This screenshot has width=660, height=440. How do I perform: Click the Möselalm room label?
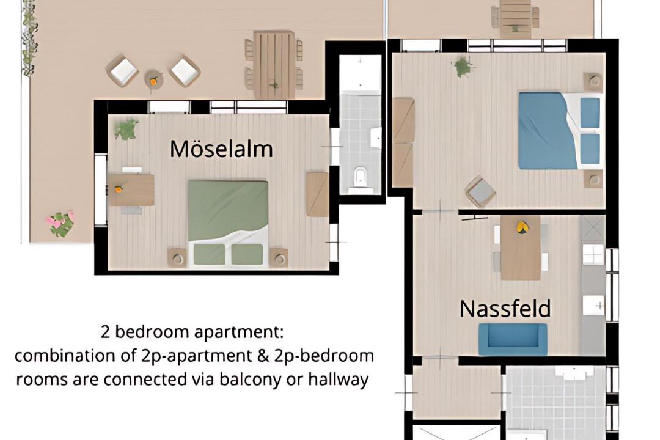click(x=221, y=148)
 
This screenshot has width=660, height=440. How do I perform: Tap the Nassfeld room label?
click(x=505, y=309)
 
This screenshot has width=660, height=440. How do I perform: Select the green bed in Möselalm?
click(x=228, y=223)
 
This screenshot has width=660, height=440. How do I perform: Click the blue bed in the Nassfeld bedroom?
click(x=559, y=131)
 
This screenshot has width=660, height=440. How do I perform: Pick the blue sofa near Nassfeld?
click(x=513, y=339)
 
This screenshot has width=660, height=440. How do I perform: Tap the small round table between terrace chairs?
click(x=153, y=79)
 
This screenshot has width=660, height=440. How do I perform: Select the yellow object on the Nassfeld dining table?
click(x=522, y=227)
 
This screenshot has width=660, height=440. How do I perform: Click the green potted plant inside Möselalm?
click(x=126, y=130)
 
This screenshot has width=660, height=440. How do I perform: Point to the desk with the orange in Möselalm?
click(x=131, y=190)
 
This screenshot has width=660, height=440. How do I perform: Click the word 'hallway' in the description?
click(x=339, y=380)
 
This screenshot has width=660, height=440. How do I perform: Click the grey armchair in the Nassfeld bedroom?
click(x=480, y=191)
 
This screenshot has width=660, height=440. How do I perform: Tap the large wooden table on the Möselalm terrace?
click(x=274, y=64)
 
